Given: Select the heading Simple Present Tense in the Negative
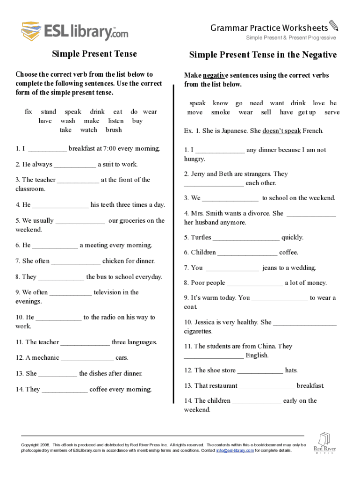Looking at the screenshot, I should click(263, 55).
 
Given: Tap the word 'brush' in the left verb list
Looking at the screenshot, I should click(114, 130).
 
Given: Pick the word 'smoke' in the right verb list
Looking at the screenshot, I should click(220, 112).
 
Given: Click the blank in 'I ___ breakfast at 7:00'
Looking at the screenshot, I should click(47, 149).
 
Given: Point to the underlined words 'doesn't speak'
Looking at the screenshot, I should click(281, 131).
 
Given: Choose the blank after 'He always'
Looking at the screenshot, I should click(75, 165).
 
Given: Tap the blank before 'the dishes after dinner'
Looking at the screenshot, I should click(58, 374).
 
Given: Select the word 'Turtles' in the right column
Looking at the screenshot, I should click(201, 238).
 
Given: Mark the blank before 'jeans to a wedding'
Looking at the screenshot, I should click(232, 268).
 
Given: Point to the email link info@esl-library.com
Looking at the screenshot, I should click(235, 450).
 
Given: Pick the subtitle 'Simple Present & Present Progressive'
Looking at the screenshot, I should click(291, 38).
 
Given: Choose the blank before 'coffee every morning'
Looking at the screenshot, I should click(65, 390).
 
